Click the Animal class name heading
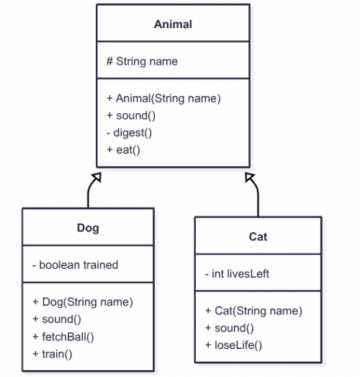173,24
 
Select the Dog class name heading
88,229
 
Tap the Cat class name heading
258,236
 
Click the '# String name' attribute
142,61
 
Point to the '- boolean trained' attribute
75,265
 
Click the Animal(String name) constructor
163,98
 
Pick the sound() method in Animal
132,115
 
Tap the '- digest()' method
130,133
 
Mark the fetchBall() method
63,336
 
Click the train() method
52,353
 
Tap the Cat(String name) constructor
253,311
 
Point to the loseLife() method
234,345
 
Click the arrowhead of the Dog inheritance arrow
97,177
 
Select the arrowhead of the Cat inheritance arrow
248,177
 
